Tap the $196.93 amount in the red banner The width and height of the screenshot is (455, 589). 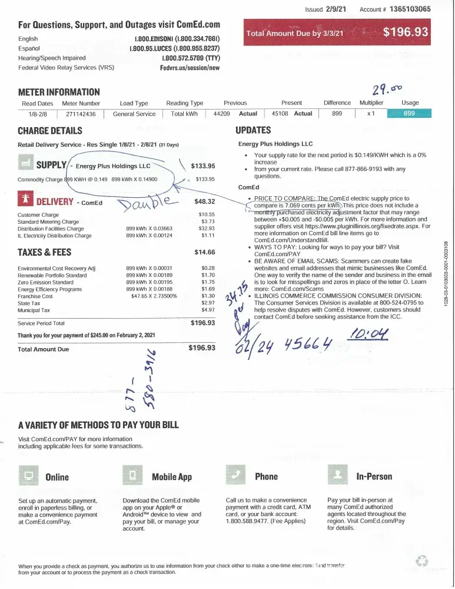[406, 32]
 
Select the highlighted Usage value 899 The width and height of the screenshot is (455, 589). [410, 114]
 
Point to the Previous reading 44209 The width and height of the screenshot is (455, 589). [221, 114]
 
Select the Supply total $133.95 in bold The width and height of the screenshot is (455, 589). [203, 166]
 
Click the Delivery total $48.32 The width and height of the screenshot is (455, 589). [205, 201]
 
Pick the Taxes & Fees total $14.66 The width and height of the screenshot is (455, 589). [205, 252]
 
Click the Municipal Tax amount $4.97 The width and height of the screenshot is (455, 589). [208, 310]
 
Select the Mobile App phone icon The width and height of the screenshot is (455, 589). [132, 475]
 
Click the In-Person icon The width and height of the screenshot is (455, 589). [337, 475]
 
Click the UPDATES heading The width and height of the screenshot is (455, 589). [253, 130]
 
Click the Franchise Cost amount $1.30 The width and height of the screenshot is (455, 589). [208, 296]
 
